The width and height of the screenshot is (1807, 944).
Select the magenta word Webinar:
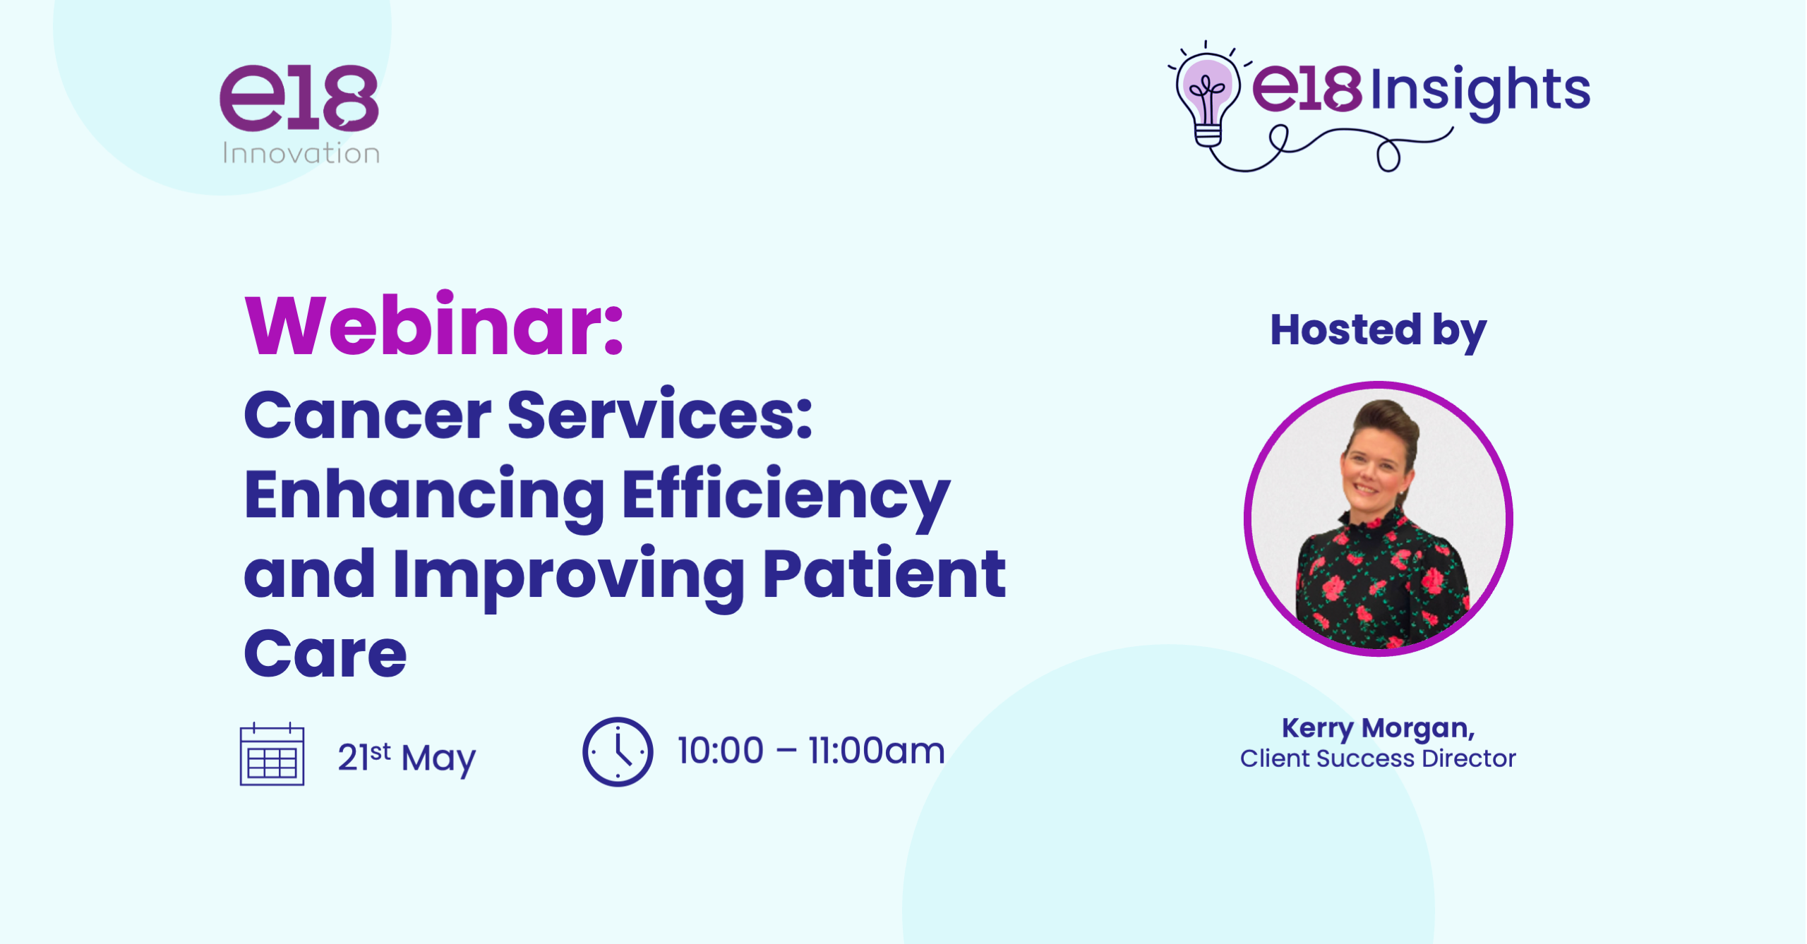coord(434,325)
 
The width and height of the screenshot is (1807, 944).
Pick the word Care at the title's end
coord(325,654)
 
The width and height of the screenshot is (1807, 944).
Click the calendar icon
coord(272,754)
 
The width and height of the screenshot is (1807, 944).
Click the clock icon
coord(618,751)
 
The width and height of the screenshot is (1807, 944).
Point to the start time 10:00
coord(721,750)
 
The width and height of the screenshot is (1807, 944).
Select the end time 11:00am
coord(877,750)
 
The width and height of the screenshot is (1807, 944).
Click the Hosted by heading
coord(1379,331)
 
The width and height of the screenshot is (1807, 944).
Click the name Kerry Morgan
coord(1378,728)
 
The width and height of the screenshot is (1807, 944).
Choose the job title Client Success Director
coord(1378,758)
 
